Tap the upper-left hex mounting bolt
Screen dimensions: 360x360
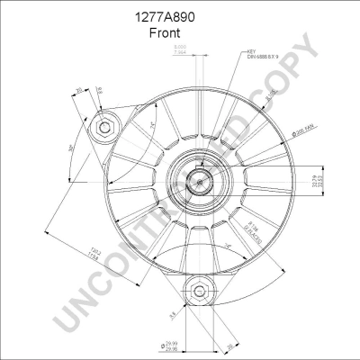[105, 128]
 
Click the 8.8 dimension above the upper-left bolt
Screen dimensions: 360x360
[99, 91]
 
